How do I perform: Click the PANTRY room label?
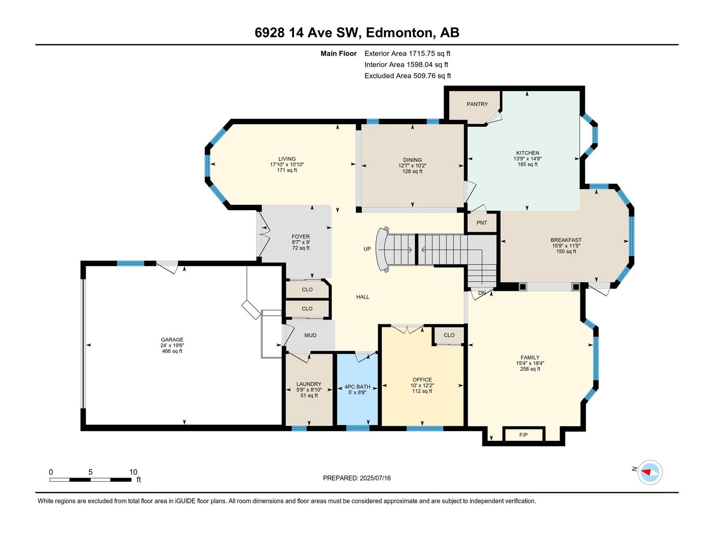pos(477,104)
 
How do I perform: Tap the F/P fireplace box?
pos(523,435)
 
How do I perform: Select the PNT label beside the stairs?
pos(482,223)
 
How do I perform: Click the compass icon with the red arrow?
pos(650,472)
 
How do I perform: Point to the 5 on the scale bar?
pos(91,472)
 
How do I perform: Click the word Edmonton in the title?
pos(400,33)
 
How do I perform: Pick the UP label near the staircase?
pos(367,249)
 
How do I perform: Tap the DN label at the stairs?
pos(482,293)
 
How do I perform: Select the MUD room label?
pos(310,335)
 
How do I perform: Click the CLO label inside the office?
pos(449,335)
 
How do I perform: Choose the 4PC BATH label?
pos(357,387)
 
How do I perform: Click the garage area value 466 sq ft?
pos(172,351)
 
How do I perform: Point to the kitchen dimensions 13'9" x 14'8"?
pos(527,159)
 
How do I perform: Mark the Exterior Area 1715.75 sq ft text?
pos(407,54)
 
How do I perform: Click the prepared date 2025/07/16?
pos(375,478)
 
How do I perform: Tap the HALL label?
pos(362,297)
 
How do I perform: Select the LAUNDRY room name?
pos(309,384)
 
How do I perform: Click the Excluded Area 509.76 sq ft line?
pos(407,76)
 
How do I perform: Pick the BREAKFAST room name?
pos(566,240)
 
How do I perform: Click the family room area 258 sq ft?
pos(530,369)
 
